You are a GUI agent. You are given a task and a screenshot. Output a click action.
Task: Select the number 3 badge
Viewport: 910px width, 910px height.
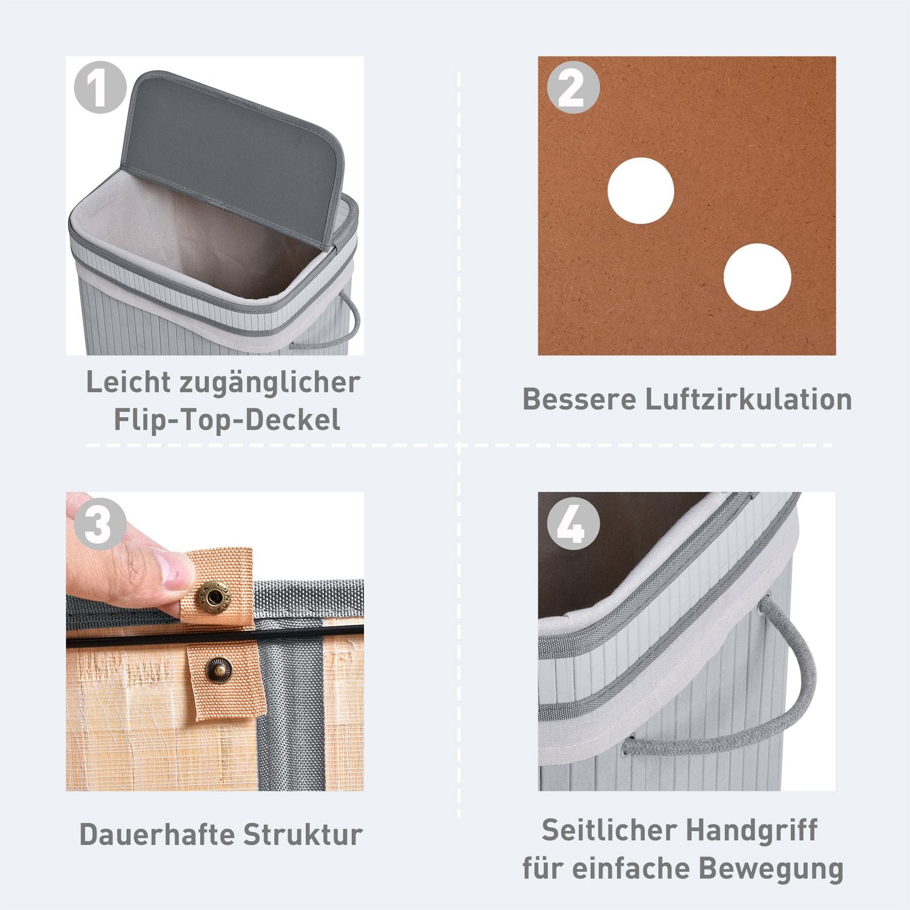(x=100, y=524)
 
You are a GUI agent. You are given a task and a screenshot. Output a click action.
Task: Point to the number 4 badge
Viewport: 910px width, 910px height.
(x=573, y=524)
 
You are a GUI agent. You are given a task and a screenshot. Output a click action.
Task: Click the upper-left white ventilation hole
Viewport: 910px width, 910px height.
(x=641, y=190)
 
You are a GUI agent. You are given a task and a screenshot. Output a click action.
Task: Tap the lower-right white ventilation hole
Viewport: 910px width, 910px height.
(x=757, y=277)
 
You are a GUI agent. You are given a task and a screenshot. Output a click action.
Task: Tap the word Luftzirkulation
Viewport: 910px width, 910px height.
(x=748, y=400)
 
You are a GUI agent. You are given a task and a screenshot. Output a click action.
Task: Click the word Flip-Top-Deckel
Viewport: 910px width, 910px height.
(x=227, y=420)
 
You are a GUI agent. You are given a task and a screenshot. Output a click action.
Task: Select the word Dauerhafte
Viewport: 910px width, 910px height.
(x=156, y=834)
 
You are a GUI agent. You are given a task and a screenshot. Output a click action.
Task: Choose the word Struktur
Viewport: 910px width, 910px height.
(x=302, y=834)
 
